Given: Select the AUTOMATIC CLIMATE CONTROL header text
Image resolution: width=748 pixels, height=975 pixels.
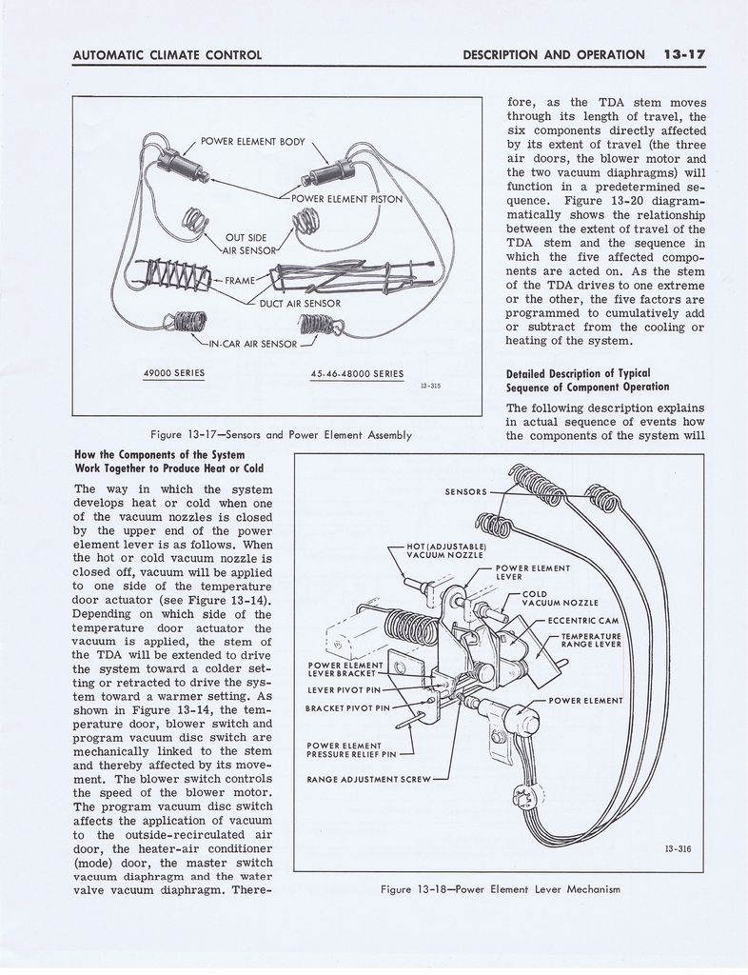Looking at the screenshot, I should (167, 54).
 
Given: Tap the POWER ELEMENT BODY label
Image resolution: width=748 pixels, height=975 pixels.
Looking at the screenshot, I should (253, 142).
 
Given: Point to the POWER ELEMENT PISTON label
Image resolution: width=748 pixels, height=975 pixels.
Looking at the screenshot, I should (346, 199).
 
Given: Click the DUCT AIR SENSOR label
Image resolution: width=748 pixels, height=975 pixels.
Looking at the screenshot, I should (301, 304).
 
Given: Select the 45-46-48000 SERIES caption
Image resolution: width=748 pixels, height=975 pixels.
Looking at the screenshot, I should (357, 373).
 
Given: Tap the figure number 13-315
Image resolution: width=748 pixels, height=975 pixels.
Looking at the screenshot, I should (429, 386).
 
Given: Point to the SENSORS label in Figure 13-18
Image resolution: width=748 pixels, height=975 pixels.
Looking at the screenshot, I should (466, 492).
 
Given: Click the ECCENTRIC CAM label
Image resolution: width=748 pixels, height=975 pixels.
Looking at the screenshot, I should (583, 621).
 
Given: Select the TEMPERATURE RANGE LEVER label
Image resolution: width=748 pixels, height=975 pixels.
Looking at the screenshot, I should (591, 640).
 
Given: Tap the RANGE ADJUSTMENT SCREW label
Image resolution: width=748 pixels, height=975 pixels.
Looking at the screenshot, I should (368, 779).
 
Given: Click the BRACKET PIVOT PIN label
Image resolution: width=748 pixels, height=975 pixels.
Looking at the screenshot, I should (347, 707).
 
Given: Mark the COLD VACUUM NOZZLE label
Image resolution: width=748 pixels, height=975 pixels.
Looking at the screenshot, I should (560, 598).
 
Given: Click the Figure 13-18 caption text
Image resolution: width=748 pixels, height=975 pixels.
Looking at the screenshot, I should (500, 889).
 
